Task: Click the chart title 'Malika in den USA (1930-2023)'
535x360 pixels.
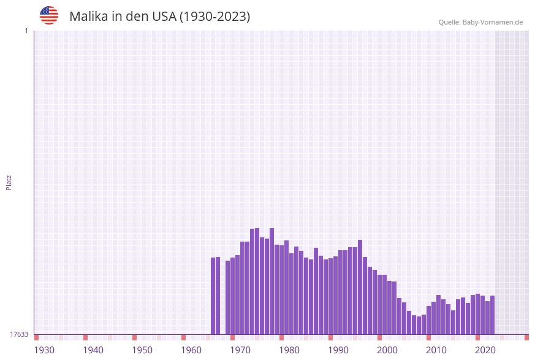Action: [159, 17]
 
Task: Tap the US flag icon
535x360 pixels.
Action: [49, 15]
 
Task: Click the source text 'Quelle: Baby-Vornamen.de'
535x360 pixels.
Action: [480, 22]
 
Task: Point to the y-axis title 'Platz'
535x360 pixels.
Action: [9, 182]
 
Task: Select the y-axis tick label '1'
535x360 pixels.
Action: [26, 31]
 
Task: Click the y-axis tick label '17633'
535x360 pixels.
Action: [19, 334]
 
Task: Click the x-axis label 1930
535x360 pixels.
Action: [44, 350]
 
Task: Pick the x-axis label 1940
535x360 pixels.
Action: [93, 350]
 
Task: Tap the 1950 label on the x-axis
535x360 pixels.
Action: [142, 350]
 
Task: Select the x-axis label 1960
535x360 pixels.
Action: [191, 350]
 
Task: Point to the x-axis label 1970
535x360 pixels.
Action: [240, 350]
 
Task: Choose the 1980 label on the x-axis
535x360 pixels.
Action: [289, 350]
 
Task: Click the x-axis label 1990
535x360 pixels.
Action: [338, 350]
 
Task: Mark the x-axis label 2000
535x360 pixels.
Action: [387, 350]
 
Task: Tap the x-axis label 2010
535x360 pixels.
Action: [436, 350]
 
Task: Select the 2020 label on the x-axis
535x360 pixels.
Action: [485, 350]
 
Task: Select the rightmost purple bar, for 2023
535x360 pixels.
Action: [492, 315]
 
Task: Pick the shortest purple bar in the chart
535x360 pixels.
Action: [419, 325]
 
